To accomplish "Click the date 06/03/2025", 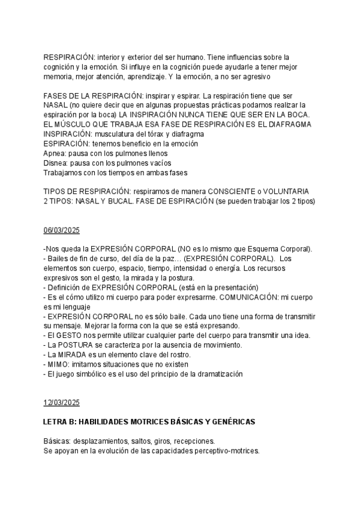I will tap(61, 230).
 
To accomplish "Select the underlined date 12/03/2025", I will tap(61, 402).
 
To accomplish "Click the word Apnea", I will tap(55, 153).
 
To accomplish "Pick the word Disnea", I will tap(56, 163).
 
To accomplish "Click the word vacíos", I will tap(158, 163).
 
